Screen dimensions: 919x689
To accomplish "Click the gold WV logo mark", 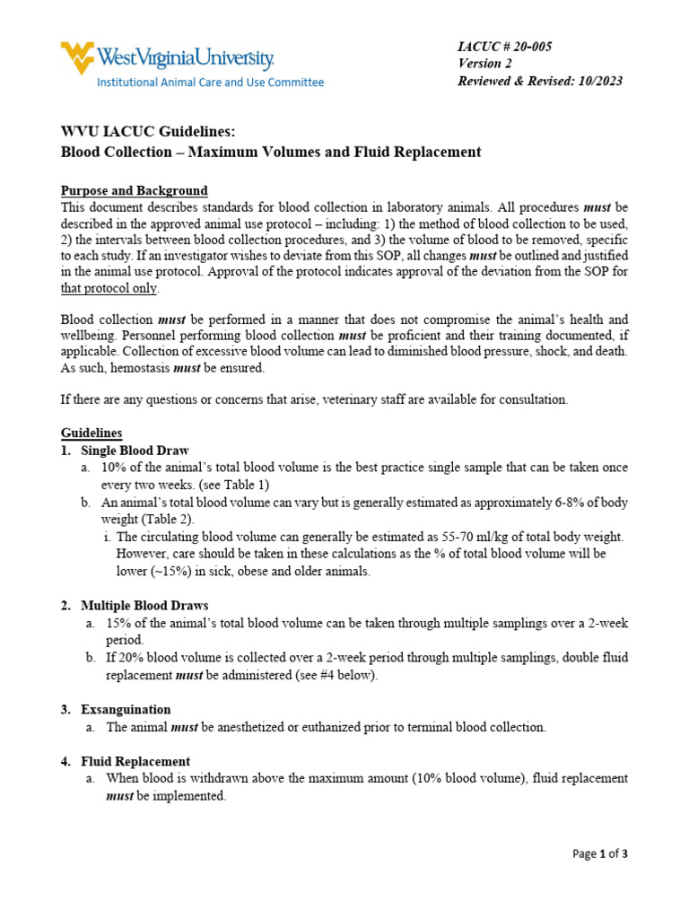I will pyautogui.click(x=77, y=57).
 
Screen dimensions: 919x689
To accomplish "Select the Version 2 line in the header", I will pyautogui.click(x=484, y=63).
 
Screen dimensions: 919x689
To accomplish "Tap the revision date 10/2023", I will pyautogui.click(x=598, y=81).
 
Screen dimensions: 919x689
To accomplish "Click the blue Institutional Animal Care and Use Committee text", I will pyautogui.click(x=210, y=83).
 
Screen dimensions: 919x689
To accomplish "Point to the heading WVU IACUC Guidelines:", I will pyautogui.click(x=149, y=132).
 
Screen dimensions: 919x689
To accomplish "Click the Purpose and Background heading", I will pyautogui.click(x=134, y=190).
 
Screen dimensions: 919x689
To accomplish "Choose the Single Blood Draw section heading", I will pyautogui.click(x=135, y=450).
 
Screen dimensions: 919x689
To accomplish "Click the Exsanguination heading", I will pyautogui.click(x=126, y=709).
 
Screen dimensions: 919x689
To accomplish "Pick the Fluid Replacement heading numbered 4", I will pyautogui.click(x=135, y=761).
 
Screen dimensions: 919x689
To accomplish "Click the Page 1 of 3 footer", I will pyautogui.click(x=600, y=853).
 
